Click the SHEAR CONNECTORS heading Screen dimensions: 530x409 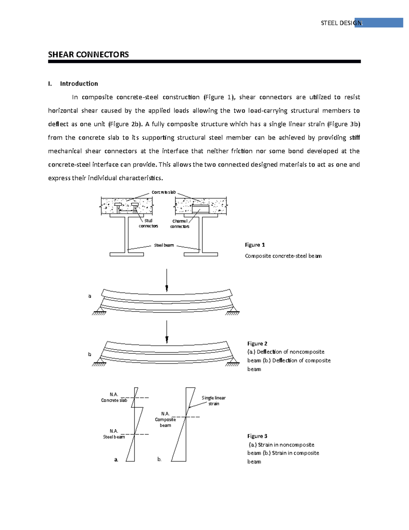(x=88, y=55)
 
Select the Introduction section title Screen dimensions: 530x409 (x=79, y=84)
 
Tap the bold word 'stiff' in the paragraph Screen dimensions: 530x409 (x=354, y=138)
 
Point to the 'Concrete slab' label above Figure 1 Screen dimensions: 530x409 (x=164, y=192)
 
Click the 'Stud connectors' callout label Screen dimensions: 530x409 (x=148, y=223)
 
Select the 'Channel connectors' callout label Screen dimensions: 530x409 (x=180, y=224)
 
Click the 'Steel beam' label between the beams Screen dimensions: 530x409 (x=164, y=245)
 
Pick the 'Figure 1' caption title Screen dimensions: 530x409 (x=255, y=245)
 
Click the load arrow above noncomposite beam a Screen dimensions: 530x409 (x=167, y=280)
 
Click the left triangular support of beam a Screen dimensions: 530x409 (x=100, y=310)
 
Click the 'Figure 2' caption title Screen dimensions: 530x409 (x=257, y=343)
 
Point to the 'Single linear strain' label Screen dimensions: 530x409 (x=214, y=401)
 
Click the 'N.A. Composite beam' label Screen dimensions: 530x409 (x=165, y=419)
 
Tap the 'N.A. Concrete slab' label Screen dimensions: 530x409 (x=114, y=397)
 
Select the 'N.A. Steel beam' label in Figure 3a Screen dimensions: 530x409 (x=114, y=434)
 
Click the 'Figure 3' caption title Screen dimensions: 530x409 (x=257, y=436)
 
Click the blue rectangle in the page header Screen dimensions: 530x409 (x=379, y=23)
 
